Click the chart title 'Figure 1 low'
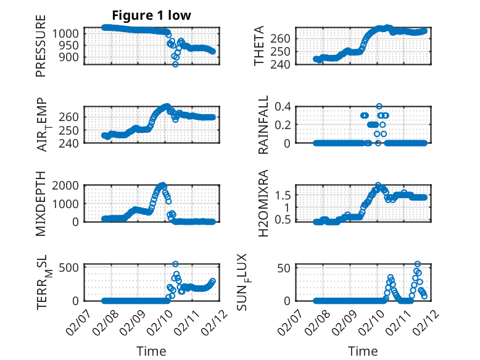click(x=151, y=15)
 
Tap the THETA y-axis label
click(x=259, y=46)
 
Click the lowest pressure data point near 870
click(x=175, y=64)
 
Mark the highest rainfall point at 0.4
click(x=379, y=106)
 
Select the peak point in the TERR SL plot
click(x=175, y=264)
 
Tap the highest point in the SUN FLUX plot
click(x=418, y=264)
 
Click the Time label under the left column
click(x=151, y=351)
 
